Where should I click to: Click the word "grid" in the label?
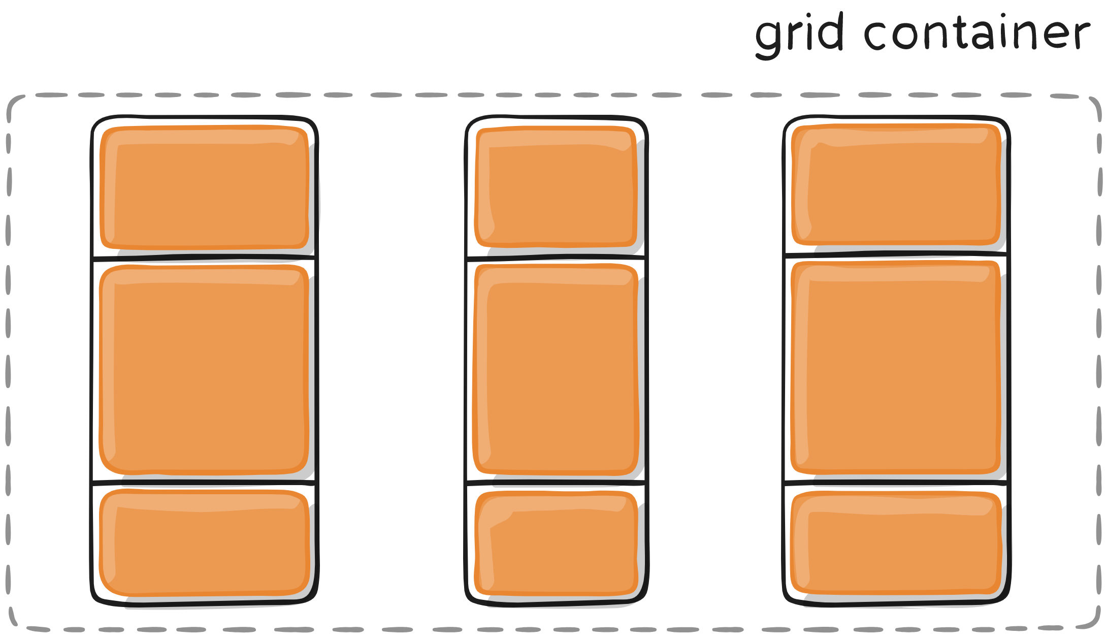click(x=799, y=35)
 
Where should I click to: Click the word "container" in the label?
click(x=977, y=34)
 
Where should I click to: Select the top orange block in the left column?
click(x=205, y=187)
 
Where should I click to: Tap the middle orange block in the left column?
click(x=205, y=370)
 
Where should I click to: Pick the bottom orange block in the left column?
click(x=205, y=542)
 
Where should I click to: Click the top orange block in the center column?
click(x=557, y=187)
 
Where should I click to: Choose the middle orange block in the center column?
click(x=557, y=370)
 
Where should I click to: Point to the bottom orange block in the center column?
click(x=557, y=542)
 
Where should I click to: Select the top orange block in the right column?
click(x=896, y=184)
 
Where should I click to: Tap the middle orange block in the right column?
click(x=896, y=368)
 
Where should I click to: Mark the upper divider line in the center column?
click(x=557, y=258)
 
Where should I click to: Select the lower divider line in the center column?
click(x=557, y=482)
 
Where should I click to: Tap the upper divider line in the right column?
click(x=896, y=253)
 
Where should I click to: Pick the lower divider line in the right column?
click(x=896, y=481)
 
